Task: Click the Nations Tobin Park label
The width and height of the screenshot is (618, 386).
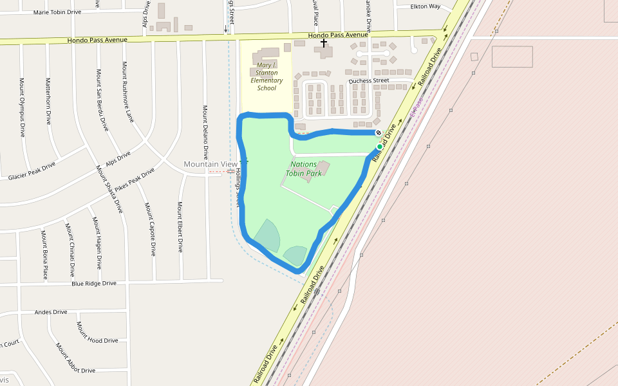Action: tap(304, 169)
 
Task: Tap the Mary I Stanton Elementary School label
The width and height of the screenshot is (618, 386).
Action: tap(267, 77)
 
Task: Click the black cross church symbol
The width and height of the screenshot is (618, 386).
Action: tap(324, 42)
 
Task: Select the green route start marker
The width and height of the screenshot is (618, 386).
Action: tap(380, 147)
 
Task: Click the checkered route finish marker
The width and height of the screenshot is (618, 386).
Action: tap(379, 133)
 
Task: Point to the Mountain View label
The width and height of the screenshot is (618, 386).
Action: tap(211, 165)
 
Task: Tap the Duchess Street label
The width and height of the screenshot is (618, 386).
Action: tap(369, 82)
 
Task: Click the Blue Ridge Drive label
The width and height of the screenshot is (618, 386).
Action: tap(94, 283)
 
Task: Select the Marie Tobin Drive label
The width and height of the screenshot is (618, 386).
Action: tap(57, 12)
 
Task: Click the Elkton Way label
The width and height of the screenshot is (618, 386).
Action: tap(426, 6)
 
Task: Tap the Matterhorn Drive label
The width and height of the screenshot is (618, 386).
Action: tap(48, 100)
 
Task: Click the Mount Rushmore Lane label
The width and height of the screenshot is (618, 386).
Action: tap(128, 92)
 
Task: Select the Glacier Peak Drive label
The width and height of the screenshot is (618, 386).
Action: tap(32, 171)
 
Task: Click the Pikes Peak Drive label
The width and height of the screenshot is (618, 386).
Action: tap(132, 183)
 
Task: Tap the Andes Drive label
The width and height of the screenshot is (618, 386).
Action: tap(51, 312)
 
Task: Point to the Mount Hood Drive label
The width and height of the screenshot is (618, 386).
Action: tap(97, 333)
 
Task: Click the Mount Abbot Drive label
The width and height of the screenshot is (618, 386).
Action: tap(75, 358)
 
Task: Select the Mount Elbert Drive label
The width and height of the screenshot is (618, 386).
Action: tap(180, 226)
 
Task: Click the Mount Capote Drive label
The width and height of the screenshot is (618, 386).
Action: tap(150, 229)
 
